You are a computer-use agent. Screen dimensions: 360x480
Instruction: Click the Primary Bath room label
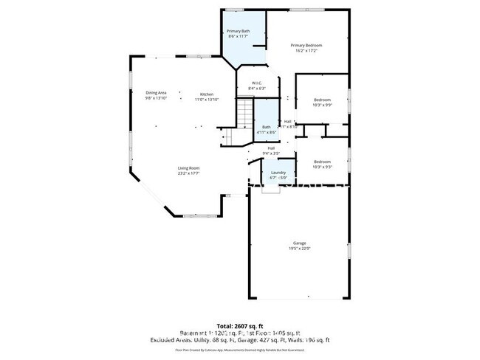[238, 31]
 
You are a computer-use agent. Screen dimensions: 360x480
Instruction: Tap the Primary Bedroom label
[309, 46]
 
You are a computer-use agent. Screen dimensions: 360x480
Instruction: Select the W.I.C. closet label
[257, 83]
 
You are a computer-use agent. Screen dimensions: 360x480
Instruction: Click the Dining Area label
[156, 92]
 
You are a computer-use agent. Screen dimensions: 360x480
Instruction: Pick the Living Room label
[188, 168]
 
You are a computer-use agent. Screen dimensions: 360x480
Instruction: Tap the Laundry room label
[278, 173]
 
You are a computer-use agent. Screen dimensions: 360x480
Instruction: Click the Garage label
[299, 243]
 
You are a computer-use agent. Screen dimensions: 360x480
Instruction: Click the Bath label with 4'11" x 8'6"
[266, 127]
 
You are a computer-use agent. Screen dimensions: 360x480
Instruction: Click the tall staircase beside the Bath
[244, 116]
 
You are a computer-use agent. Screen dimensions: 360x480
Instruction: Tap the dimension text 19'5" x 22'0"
[299, 249]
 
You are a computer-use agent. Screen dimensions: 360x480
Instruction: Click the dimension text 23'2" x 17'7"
[188, 174]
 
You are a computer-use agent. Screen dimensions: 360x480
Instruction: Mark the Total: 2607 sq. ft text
[240, 325]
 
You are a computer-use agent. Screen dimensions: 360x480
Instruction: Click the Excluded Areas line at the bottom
[240, 339]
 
